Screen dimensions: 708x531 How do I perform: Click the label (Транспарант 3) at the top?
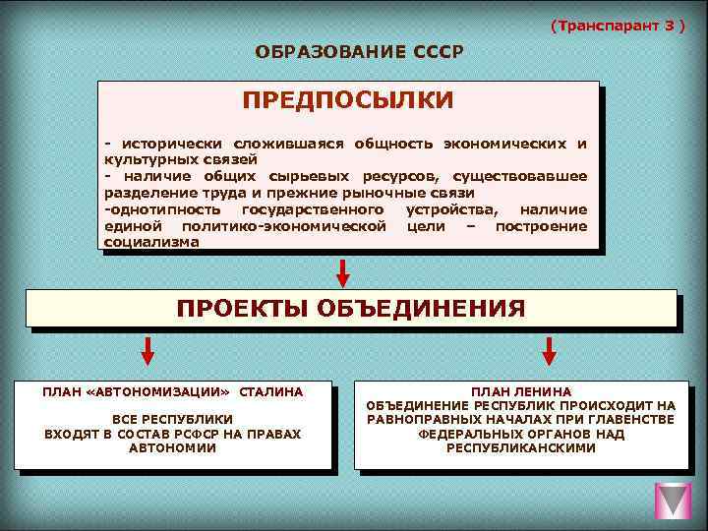point(618,24)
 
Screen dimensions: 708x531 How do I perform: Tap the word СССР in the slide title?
point(430,51)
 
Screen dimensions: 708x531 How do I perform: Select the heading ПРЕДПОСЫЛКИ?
point(348,101)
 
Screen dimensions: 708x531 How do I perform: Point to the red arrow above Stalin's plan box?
point(147,350)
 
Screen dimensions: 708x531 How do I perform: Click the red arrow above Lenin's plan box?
point(549,350)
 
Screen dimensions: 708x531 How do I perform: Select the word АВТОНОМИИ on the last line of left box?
point(172,447)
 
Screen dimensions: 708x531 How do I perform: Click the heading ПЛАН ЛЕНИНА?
point(521,391)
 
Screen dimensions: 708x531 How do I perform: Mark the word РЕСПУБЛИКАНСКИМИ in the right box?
point(521,447)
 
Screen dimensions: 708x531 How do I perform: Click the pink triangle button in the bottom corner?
point(674,501)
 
